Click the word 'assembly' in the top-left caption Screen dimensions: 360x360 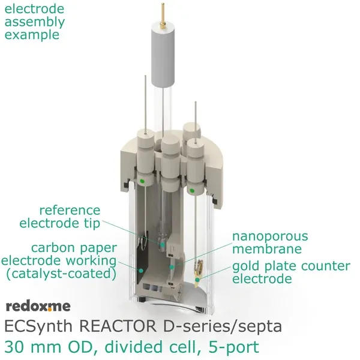(35, 22)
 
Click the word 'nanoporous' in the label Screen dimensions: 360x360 (270, 236)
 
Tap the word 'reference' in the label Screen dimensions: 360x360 (70, 211)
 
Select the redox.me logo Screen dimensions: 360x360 (38, 307)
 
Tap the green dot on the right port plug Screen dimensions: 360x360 (191, 190)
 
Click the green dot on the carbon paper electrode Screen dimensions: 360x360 (141, 271)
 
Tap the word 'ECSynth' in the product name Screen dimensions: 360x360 (35, 328)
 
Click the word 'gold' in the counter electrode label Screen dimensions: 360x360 (246, 266)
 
